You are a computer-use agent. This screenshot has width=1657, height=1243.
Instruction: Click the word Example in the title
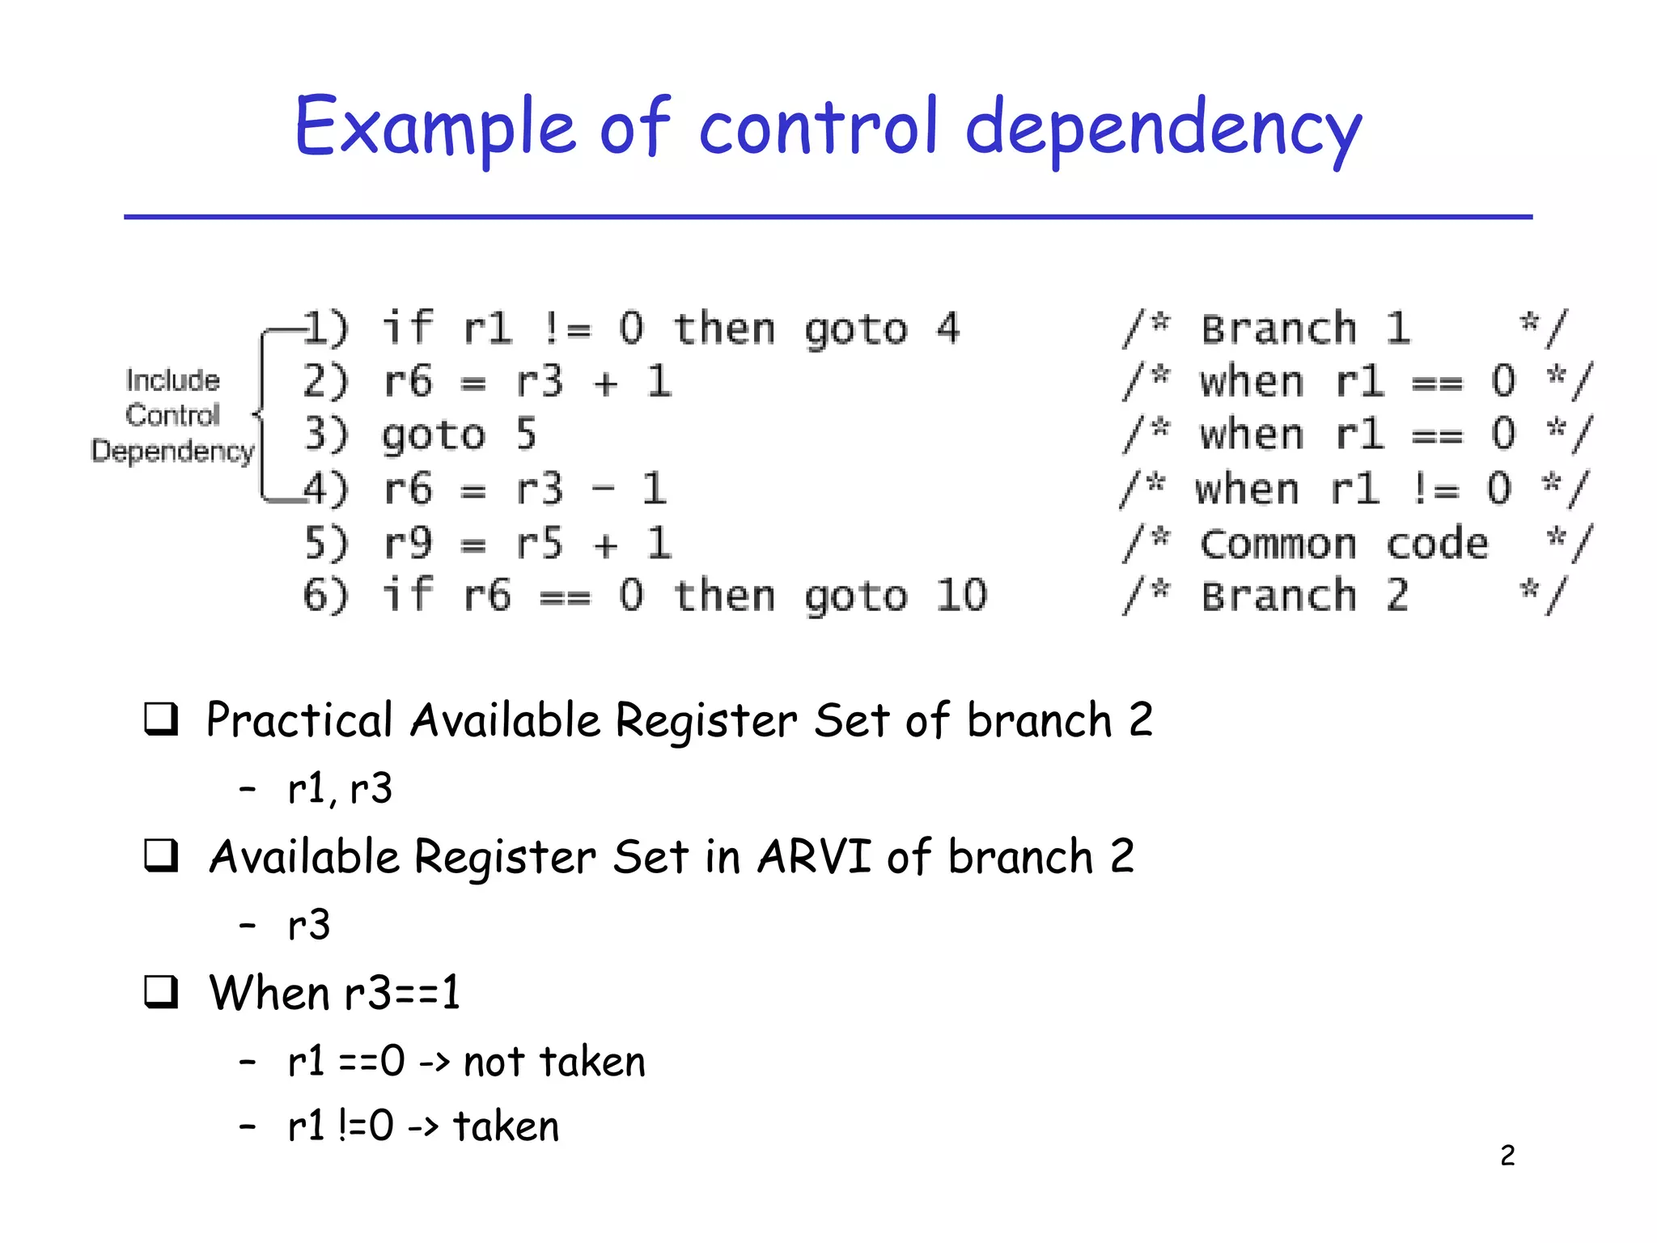click(x=435, y=128)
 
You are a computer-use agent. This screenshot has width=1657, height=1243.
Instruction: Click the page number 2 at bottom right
click(x=1507, y=1156)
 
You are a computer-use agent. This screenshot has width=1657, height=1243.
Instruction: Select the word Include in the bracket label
click(x=172, y=380)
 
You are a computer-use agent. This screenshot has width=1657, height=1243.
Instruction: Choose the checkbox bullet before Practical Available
click(x=161, y=719)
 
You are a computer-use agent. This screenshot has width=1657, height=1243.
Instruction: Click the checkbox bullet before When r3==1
click(x=161, y=991)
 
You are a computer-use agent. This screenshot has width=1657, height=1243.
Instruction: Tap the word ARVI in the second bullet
click(x=814, y=856)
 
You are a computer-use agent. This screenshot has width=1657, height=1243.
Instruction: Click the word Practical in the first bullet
click(x=299, y=720)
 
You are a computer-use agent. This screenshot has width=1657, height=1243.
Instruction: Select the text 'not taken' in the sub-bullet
click(x=554, y=1062)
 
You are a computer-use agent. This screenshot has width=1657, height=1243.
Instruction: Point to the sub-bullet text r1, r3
click(x=340, y=788)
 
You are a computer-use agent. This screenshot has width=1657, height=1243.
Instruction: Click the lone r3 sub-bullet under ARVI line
click(x=309, y=925)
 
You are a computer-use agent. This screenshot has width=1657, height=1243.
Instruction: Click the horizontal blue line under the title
click(x=828, y=217)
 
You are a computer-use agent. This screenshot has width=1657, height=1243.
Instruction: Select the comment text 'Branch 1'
click(x=1305, y=329)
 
